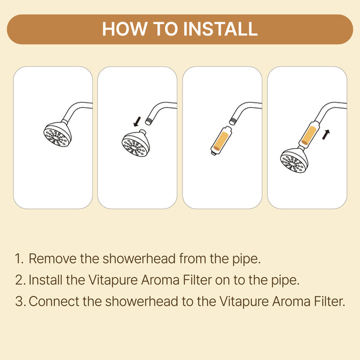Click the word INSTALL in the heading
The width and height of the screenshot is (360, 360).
tap(220, 29)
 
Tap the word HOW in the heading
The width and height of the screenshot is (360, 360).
tap(125, 29)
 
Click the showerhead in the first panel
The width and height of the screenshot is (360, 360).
tap(58, 134)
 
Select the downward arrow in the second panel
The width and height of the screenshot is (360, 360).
tap(137, 121)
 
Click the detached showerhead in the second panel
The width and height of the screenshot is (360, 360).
tap(136, 143)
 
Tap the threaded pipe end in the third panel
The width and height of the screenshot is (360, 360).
tap(234, 121)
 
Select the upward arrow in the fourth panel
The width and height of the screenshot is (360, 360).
tap(326, 134)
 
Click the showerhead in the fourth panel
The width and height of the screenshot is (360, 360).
tap(294, 160)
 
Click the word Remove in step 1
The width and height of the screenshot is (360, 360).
tap(53, 259)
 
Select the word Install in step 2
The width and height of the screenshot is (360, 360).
tap(46, 280)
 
